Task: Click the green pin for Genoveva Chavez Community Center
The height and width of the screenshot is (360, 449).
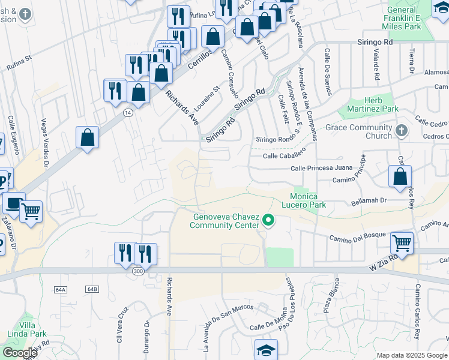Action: (269, 221)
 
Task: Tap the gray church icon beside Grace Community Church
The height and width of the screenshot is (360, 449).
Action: (402, 130)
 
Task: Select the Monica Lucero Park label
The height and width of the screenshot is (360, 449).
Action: (312, 200)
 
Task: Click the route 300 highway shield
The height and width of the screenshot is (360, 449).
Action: (137, 272)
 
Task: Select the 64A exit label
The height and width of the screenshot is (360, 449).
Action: (61, 289)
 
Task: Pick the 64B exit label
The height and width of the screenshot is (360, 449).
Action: (91, 289)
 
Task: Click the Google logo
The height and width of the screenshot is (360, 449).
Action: (20, 353)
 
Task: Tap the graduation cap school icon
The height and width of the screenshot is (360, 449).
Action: (266, 350)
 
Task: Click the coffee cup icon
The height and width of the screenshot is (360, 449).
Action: (14, 203)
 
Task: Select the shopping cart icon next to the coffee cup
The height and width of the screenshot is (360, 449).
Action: (31, 211)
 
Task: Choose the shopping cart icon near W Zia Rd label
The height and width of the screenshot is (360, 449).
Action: (402, 243)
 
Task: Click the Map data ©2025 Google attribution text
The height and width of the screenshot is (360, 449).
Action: (412, 355)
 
